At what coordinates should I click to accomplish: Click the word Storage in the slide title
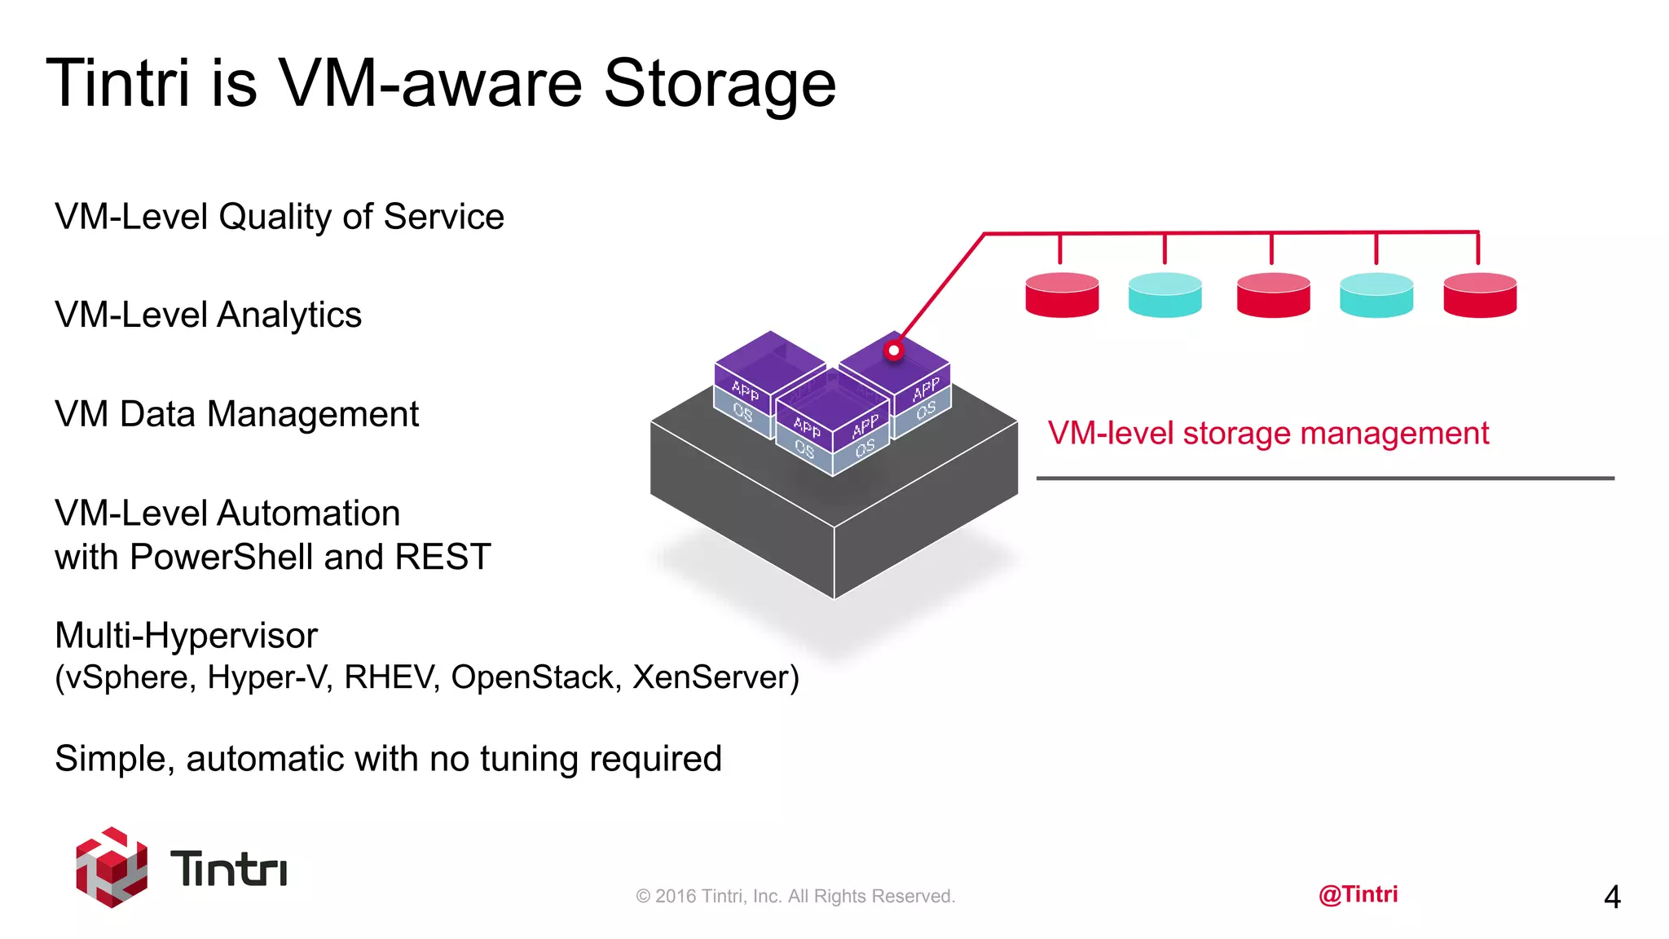point(719,83)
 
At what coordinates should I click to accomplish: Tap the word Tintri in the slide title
point(118,83)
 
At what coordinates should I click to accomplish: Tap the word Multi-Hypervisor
point(186,636)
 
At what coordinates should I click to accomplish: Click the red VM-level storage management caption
point(1268,434)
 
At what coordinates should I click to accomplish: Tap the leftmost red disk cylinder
point(1062,295)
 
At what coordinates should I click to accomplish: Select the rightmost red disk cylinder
point(1479,295)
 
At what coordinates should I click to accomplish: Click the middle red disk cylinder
point(1273,295)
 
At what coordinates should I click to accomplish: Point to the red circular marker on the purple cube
point(894,351)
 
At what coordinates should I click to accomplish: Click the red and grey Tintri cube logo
point(112,867)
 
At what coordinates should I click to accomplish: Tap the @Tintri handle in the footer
point(1358,894)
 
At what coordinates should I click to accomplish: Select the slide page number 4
point(1611,897)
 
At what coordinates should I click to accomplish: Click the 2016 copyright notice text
point(795,897)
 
